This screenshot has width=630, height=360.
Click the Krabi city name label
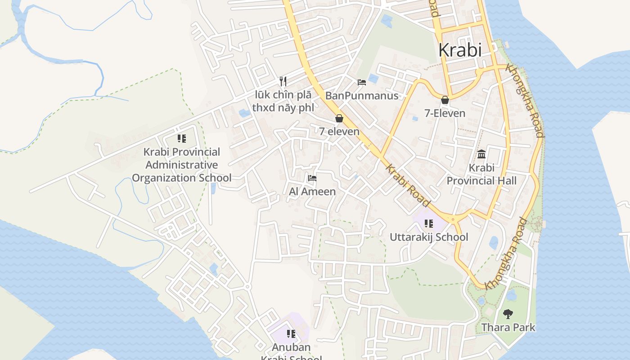point(459,50)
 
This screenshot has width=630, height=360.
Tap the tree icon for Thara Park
point(508,314)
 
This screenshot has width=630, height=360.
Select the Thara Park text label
point(508,327)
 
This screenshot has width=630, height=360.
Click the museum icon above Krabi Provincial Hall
point(481,154)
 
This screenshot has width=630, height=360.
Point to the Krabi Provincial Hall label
point(481,174)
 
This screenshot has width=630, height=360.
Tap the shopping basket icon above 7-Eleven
point(445,100)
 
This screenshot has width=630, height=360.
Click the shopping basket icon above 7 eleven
point(339,118)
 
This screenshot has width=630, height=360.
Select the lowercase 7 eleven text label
point(339,131)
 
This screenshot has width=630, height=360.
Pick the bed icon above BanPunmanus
point(362,82)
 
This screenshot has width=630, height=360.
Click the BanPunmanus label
point(362,95)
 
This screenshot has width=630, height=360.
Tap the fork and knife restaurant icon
point(283,81)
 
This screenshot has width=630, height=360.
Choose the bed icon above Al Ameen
point(312,178)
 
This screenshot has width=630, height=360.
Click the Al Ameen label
point(312,191)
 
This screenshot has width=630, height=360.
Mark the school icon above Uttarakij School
point(429,224)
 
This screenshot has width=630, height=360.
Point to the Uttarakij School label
point(429,237)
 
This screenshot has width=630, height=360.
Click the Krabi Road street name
point(408,185)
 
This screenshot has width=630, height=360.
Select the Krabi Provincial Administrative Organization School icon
point(182,139)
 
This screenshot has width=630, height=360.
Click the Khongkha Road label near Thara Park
point(506,254)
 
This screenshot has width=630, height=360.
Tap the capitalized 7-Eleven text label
point(445,113)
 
